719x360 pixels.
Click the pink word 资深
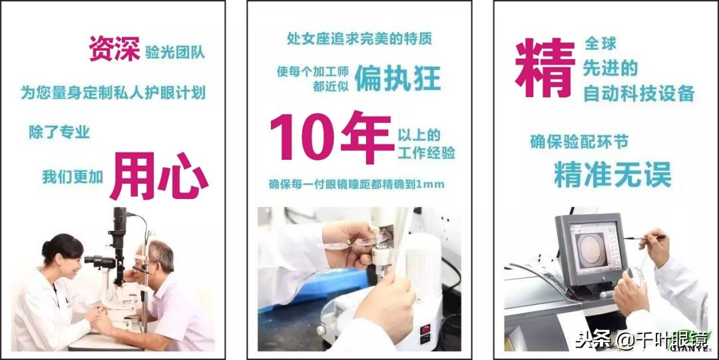coord(115,49)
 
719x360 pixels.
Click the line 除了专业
coord(59,132)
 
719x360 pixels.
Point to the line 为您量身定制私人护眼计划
coord(113,92)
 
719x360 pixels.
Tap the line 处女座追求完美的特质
coord(359,39)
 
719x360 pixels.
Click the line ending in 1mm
coord(356,184)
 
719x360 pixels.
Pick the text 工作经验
coord(426,154)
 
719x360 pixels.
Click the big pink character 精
coord(544,68)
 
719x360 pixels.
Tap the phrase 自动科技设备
coord(638,94)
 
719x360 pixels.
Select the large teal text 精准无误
coord(612,174)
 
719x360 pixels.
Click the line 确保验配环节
coord(579,141)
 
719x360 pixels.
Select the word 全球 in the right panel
coord(600,44)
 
